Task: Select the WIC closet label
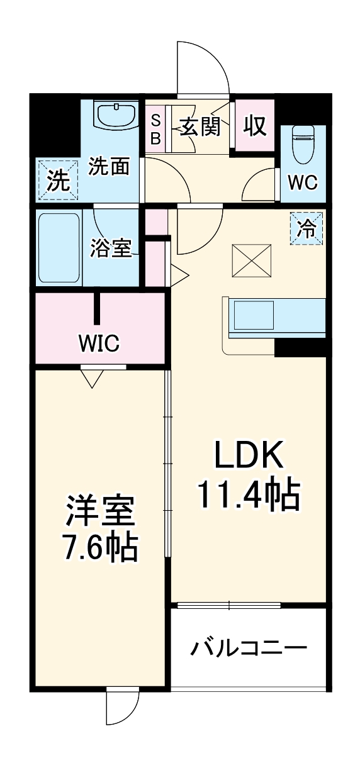click(x=99, y=343)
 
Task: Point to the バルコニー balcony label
click(x=250, y=648)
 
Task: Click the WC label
click(x=303, y=182)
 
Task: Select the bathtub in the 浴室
click(x=59, y=248)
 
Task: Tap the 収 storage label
click(x=255, y=126)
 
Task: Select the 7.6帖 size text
click(x=101, y=549)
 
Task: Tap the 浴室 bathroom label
click(x=111, y=248)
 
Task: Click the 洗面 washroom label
click(x=109, y=167)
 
